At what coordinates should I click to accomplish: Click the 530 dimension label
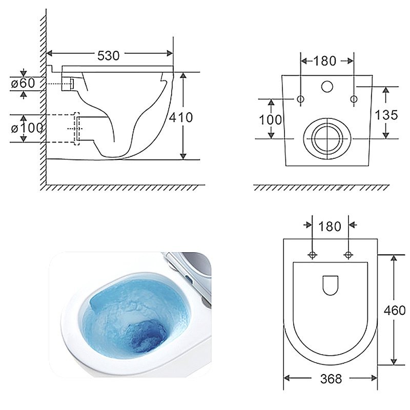(108, 55)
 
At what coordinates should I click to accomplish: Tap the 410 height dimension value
(181, 117)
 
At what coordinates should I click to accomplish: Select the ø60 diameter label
(23, 84)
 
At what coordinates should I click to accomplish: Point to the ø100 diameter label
(27, 128)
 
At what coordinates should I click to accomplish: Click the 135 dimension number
(386, 115)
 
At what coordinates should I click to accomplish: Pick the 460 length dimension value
(395, 311)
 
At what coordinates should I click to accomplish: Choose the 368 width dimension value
(331, 379)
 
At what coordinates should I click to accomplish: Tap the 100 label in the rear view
(271, 120)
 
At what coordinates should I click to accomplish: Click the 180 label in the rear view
(324, 61)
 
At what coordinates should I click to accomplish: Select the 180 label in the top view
(330, 227)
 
